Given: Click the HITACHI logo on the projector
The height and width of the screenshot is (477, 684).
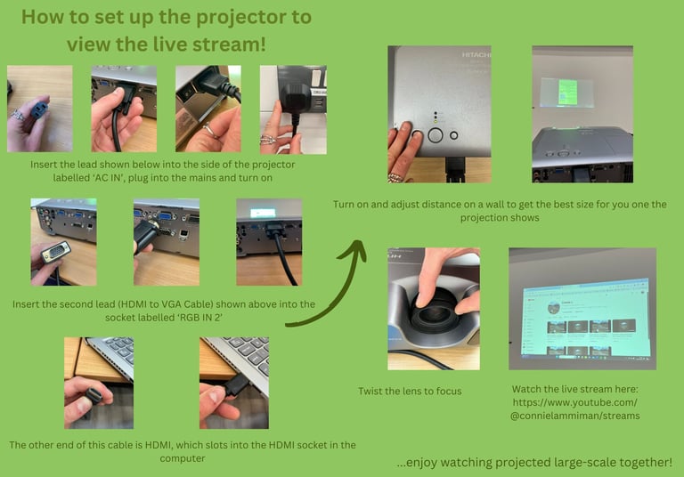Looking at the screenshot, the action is click(x=476, y=54).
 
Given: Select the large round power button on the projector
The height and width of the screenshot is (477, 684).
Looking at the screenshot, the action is click(x=436, y=135).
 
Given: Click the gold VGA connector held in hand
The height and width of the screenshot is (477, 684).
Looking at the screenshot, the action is click(x=56, y=252).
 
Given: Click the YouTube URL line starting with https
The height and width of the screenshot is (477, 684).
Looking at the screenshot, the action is click(x=575, y=402).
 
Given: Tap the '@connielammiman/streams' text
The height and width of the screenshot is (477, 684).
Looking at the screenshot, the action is click(x=575, y=416).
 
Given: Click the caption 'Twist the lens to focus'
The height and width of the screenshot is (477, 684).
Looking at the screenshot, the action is click(x=410, y=391).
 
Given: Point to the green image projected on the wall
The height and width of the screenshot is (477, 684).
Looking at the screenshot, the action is click(x=568, y=92).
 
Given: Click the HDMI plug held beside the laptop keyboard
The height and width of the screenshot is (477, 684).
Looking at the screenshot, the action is click(x=94, y=396).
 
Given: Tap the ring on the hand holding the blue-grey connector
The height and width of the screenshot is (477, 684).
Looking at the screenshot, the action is click(x=18, y=115).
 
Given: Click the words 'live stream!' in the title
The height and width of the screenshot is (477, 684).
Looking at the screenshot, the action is click(x=210, y=44).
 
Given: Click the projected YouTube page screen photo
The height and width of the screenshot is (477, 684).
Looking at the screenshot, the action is click(x=582, y=309).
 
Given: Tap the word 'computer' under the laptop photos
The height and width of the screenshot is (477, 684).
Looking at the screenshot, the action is click(x=183, y=458).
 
